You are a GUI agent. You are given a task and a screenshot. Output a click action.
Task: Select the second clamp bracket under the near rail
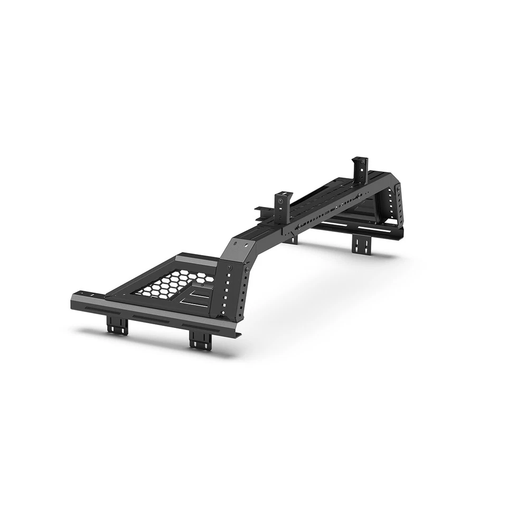(200, 338)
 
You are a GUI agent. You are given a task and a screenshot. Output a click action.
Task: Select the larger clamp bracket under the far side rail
(362, 245)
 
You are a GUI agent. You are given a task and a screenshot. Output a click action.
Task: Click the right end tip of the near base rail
(239, 335)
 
